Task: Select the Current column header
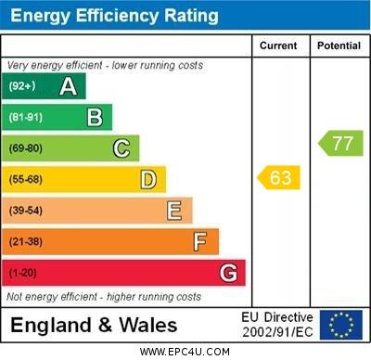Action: click(278, 45)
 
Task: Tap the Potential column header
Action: click(339, 45)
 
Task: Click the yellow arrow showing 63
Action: click(279, 177)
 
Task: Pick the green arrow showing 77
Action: click(341, 143)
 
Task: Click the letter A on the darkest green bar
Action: click(68, 86)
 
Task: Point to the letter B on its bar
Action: click(95, 117)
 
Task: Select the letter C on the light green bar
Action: click(121, 148)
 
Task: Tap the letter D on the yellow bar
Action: click(147, 179)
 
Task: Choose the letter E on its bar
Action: click(173, 211)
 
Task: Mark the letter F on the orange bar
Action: click(199, 241)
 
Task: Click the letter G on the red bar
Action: click(227, 273)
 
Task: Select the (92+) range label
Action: click(22, 86)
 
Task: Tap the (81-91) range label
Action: click(25, 117)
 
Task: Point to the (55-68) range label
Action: click(25, 179)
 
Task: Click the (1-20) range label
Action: click(22, 273)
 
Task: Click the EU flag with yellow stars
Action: click(341, 325)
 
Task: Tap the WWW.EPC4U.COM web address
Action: click(185, 353)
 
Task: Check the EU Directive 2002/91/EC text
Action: click(277, 325)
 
